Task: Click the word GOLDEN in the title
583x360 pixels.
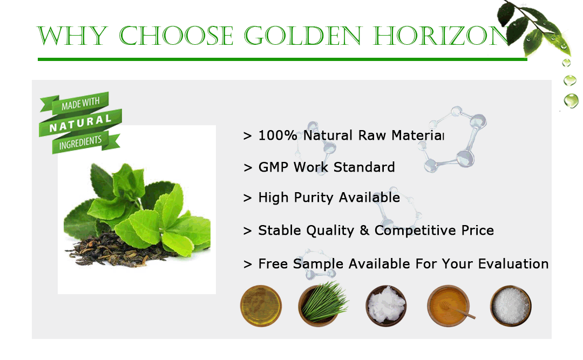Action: tap(303, 36)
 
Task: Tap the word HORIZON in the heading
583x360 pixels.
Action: tap(442, 36)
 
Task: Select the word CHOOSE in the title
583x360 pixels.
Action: tap(176, 36)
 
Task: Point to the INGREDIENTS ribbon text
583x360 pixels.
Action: tap(80, 142)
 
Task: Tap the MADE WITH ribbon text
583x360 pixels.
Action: tap(80, 104)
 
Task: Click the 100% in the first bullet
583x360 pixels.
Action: tap(278, 135)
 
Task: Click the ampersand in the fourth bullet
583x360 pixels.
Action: tap(364, 230)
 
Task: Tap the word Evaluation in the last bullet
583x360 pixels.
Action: tap(513, 264)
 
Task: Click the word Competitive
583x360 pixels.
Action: tap(415, 230)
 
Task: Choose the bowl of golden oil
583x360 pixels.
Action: tap(261, 306)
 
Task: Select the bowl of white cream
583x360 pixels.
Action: tap(386, 306)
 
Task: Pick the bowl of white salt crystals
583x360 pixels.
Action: tap(511, 306)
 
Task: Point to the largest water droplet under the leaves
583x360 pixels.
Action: tap(571, 100)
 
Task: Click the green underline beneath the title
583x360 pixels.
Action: tap(282, 59)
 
